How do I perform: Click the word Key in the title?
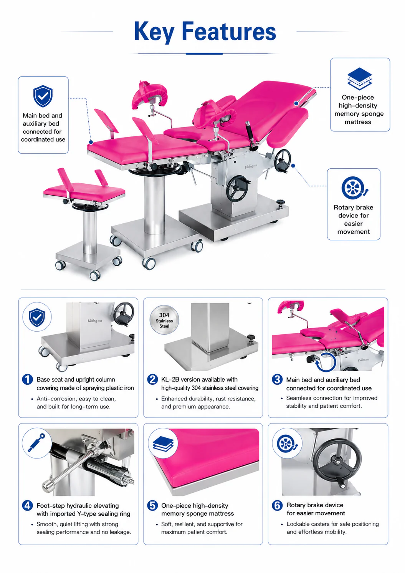[x=154, y=32]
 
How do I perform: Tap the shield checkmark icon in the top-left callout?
[x=43, y=96]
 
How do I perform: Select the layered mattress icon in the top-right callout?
[x=360, y=78]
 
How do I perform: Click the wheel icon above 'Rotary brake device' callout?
[x=354, y=188]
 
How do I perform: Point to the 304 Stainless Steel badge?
[x=164, y=320]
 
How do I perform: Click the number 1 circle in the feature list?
[x=27, y=379]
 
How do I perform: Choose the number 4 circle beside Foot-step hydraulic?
[x=27, y=505]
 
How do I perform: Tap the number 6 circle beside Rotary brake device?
[x=277, y=505]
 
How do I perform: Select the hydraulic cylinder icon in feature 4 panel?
[x=36, y=443]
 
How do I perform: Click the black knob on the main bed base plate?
[x=281, y=203]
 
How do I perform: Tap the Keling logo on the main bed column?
[x=251, y=166]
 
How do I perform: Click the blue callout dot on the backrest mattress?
[x=296, y=103]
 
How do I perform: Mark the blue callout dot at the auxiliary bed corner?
[x=91, y=142]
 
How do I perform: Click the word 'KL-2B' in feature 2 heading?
[x=170, y=379]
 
